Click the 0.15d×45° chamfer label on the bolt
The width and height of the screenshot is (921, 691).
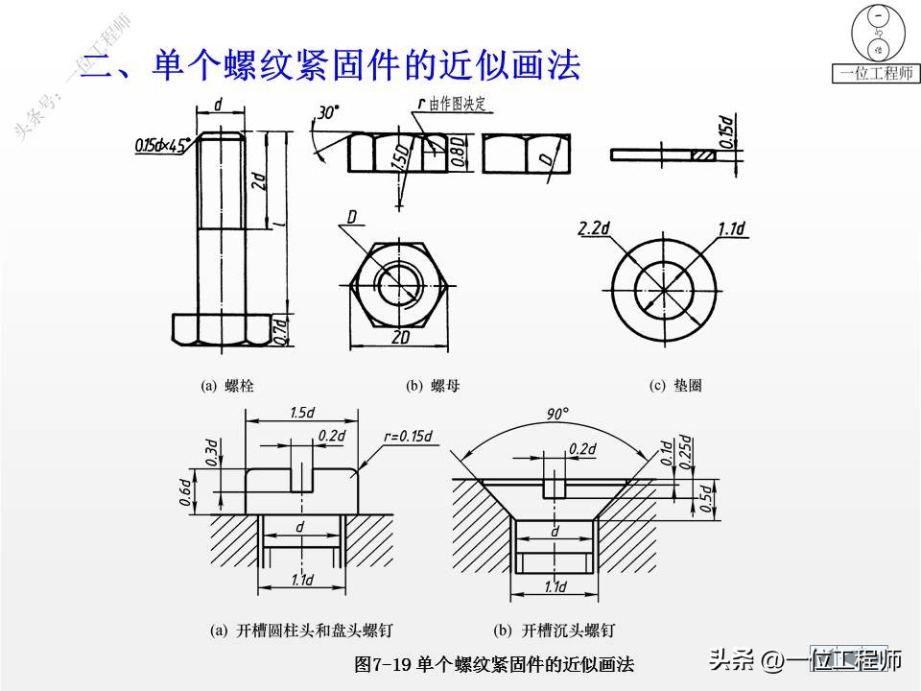point(162,146)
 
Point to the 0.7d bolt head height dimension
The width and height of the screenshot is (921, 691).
point(281,328)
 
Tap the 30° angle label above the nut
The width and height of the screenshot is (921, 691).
point(328,113)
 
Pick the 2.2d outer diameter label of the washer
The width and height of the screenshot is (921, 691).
point(596,229)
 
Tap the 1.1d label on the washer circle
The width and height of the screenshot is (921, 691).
point(731,228)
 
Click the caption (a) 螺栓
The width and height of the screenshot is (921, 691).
point(227,386)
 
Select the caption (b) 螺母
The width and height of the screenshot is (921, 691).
point(433,386)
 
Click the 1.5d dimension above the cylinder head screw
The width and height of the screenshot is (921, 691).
point(302,413)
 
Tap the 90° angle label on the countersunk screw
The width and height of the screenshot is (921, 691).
point(556,414)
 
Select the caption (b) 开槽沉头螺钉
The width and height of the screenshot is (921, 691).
point(554,631)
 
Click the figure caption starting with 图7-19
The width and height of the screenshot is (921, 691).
point(494,664)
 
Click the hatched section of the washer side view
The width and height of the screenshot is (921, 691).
point(705,154)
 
